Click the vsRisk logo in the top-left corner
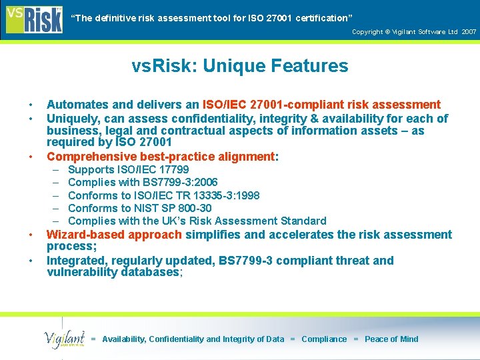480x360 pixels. [33, 18]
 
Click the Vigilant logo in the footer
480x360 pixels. [64, 339]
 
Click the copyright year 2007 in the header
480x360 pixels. [469, 31]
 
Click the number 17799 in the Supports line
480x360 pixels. [173, 170]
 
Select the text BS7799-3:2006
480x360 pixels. [180, 183]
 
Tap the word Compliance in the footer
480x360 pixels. [324, 339]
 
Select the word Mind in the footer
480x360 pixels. [408, 339]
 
